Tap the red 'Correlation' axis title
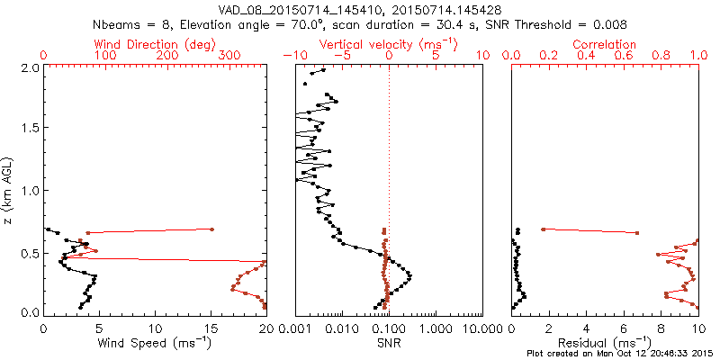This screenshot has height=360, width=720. [x=605, y=44]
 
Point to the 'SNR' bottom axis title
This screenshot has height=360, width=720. [x=389, y=342]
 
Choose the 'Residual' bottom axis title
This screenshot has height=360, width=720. [x=605, y=342]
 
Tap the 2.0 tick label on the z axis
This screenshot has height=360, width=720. [x=30, y=68]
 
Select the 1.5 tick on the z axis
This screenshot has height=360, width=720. [x=30, y=129]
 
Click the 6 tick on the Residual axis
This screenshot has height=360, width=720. [x=624, y=328]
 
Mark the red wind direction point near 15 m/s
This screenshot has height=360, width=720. [x=211, y=229]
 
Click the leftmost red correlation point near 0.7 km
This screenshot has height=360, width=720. [x=543, y=229]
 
